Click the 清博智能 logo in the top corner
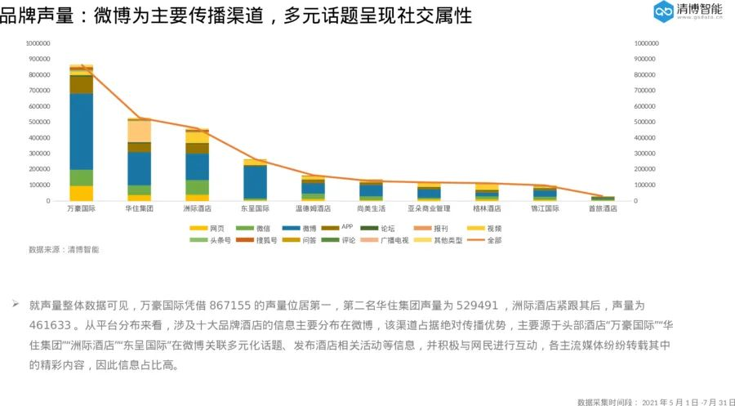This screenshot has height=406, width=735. point(688,11)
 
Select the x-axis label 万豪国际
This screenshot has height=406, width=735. point(81,208)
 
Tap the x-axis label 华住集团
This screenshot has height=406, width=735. point(139,208)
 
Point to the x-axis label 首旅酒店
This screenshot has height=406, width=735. point(603,208)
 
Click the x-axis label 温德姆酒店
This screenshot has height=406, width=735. point(313,208)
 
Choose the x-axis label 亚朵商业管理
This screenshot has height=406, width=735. point(429,208)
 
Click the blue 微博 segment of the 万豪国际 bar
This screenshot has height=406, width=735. point(81,131)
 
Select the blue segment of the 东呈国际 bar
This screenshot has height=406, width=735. point(255,181)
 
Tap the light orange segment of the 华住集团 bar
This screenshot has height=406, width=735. point(139,131)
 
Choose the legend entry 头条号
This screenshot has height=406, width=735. point(211,240)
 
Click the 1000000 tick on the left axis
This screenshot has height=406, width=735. point(38,43)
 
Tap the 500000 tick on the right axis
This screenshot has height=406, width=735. point(646,122)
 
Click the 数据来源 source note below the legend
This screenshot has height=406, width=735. point(64,250)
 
